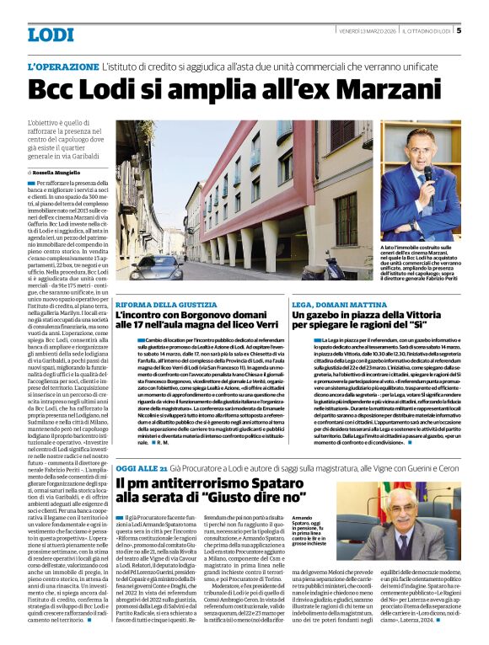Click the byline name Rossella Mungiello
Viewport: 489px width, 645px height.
click(60, 171)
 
